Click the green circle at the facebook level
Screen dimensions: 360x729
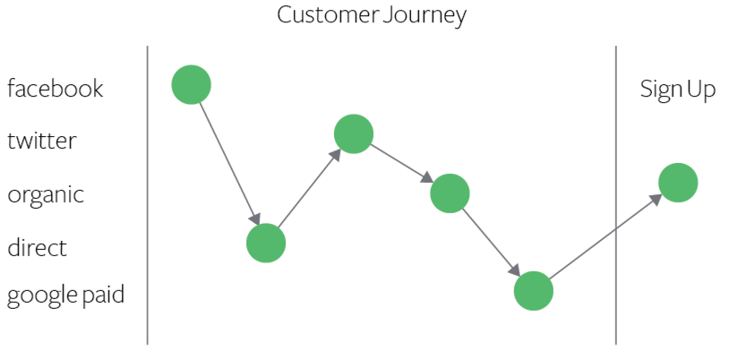click(x=191, y=85)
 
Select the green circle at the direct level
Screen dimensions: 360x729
click(x=266, y=243)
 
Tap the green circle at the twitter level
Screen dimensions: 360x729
click(x=353, y=134)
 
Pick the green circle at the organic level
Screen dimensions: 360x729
click(x=450, y=193)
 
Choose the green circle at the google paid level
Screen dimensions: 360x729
click(x=534, y=290)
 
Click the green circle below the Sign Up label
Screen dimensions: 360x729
click(x=678, y=183)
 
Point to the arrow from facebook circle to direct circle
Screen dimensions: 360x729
click(x=228, y=164)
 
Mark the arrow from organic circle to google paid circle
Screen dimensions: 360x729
click(x=492, y=242)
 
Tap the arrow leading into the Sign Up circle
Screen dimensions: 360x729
click(x=605, y=236)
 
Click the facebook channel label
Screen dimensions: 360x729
click(x=56, y=89)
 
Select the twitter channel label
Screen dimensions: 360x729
click(x=42, y=141)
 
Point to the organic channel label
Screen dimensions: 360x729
click(x=46, y=195)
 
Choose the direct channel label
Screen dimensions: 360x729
click(x=37, y=247)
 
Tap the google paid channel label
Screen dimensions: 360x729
click(x=65, y=296)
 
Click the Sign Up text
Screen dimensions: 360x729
click(x=677, y=90)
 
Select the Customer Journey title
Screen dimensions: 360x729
click(x=372, y=15)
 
